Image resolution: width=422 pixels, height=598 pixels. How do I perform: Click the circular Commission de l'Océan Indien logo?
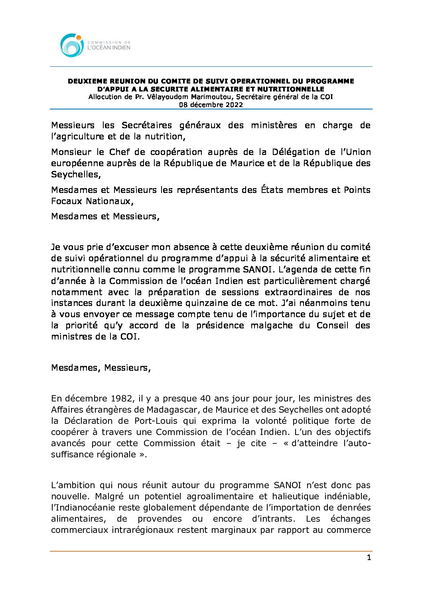(72, 45)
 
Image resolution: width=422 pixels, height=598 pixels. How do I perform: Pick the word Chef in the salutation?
(120, 152)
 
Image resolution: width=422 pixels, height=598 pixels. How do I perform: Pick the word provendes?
(160, 519)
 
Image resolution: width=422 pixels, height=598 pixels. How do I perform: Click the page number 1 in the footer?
(369, 558)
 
